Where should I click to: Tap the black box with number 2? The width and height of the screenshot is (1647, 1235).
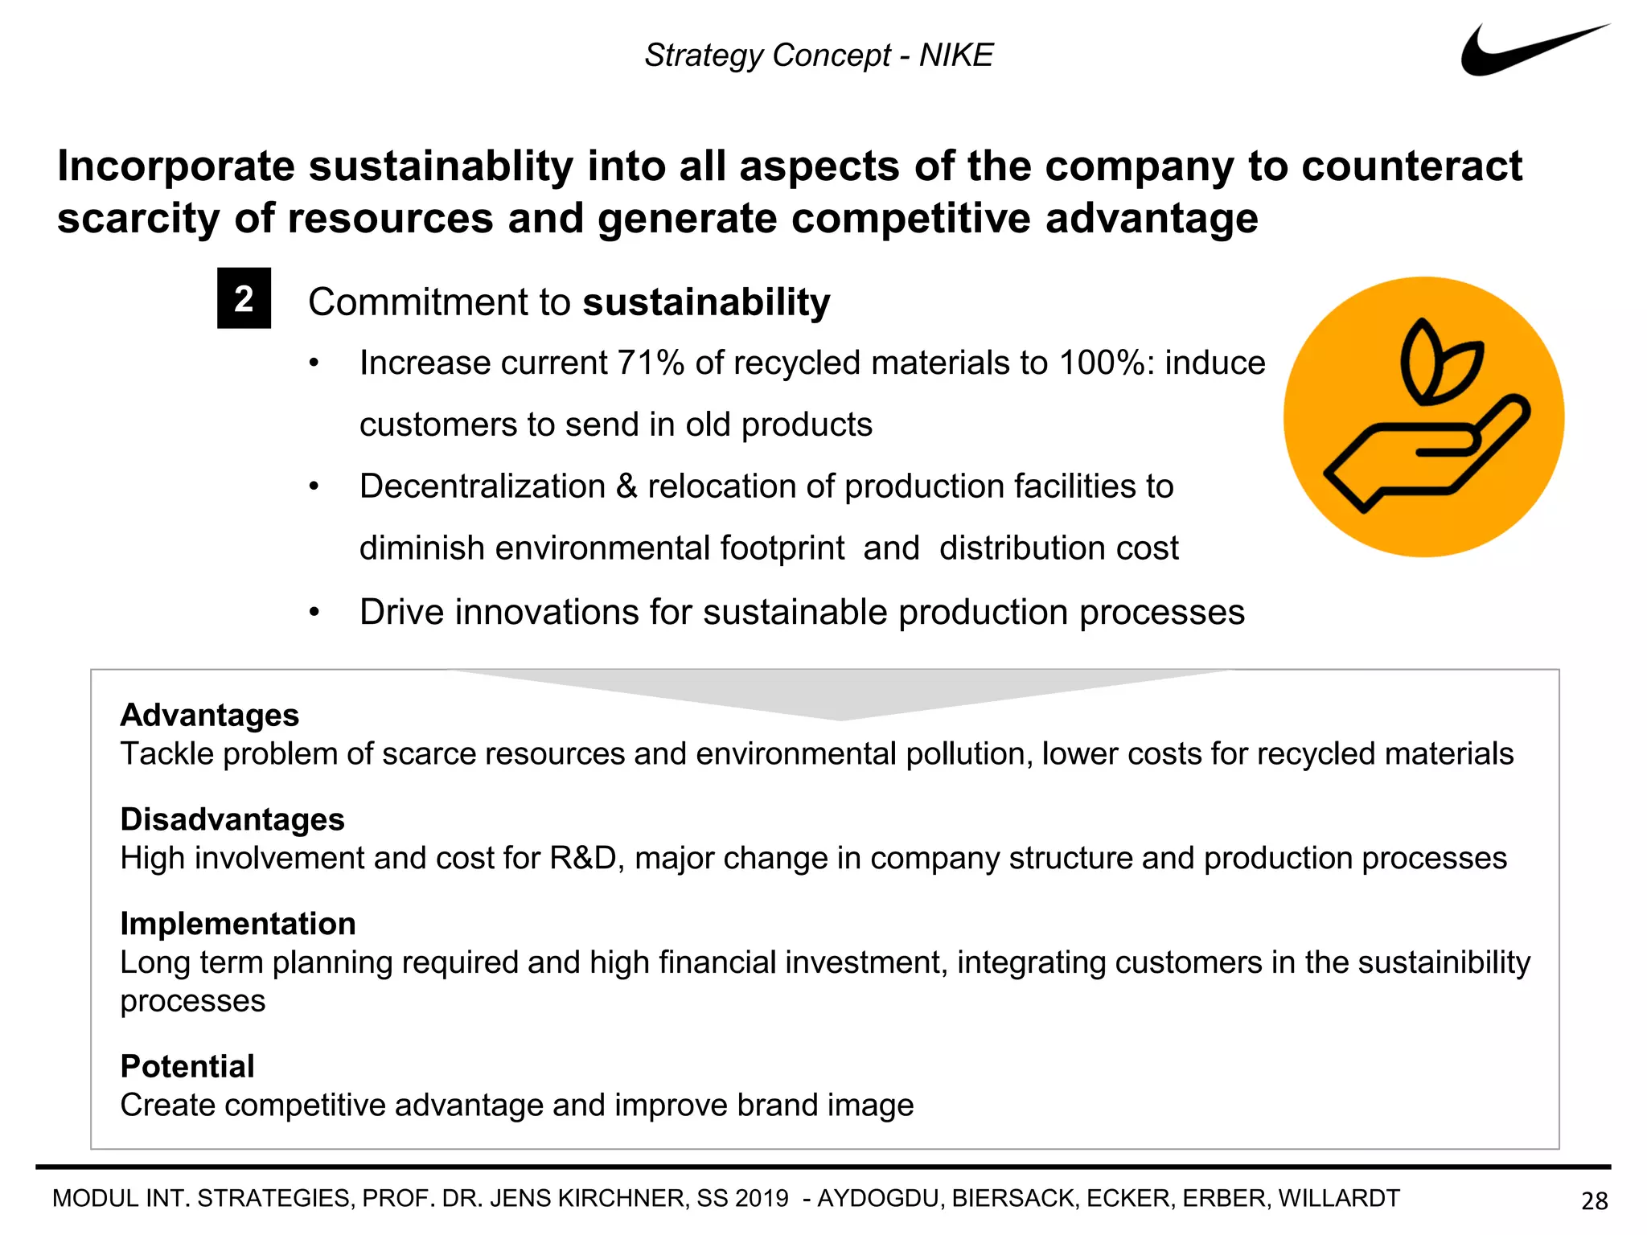244,298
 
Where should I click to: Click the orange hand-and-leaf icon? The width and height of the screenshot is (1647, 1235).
1423,416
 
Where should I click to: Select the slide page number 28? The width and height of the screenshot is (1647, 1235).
1594,1200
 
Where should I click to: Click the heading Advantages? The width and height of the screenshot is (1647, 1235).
209,715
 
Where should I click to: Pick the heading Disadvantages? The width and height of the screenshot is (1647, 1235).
232,819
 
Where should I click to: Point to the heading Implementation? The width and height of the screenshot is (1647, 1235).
238,924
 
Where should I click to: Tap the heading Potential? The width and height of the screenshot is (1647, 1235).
187,1066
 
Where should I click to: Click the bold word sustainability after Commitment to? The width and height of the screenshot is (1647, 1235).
706,302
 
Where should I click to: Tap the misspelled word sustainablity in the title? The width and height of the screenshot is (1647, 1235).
441,166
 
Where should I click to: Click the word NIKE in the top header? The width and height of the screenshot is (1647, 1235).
956,55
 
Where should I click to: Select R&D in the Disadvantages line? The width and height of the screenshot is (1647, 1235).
582,859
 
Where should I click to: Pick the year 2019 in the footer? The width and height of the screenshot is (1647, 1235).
762,1199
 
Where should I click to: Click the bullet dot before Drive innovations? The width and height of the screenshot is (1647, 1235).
314,613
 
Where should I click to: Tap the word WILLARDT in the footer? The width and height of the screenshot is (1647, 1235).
1339,1199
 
